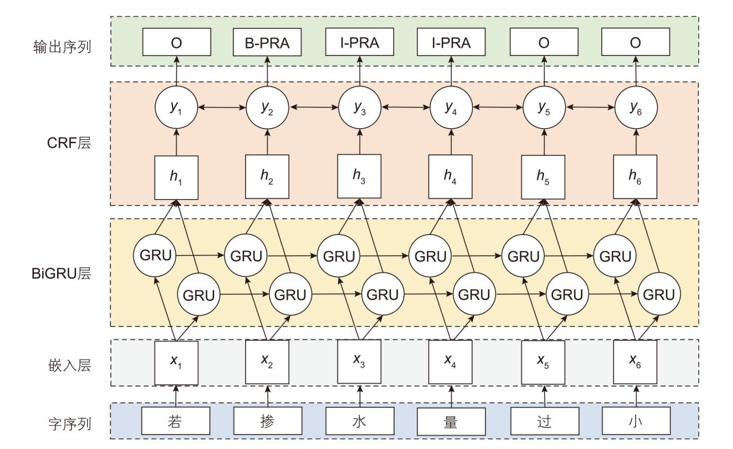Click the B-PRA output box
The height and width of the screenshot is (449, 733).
tap(267, 43)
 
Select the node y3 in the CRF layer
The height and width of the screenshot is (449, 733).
tap(359, 107)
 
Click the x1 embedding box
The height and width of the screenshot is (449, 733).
tap(176, 362)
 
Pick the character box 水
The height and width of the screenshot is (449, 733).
tap(359, 422)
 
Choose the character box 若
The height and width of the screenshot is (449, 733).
tap(176, 422)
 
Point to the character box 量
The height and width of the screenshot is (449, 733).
tap(451, 422)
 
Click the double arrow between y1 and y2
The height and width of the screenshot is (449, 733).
tap(221, 107)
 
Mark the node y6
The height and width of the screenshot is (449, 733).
tap(635, 107)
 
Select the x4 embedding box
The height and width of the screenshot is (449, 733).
tap(450, 362)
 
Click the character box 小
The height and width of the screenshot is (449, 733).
tap(635, 422)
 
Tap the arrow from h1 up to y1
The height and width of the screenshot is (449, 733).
tap(176, 142)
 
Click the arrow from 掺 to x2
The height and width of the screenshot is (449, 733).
tap(267, 396)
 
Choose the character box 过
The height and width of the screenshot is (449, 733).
tap(543, 422)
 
